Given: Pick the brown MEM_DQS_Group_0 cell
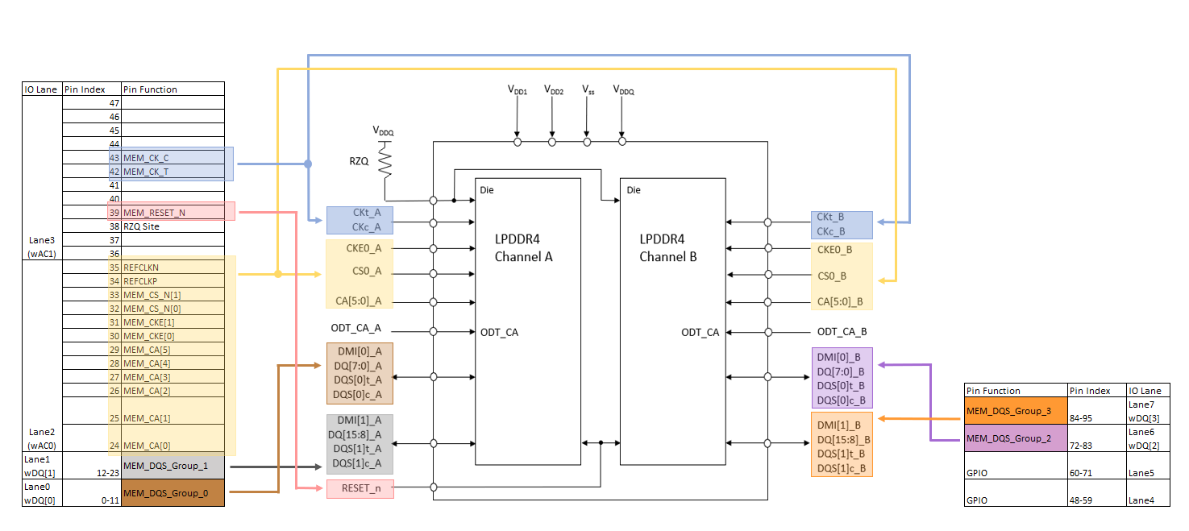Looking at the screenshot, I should pyautogui.click(x=173, y=492).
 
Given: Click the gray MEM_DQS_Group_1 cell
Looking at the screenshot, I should pyautogui.click(x=173, y=466).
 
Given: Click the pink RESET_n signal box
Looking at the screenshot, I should pyautogui.click(x=360, y=488).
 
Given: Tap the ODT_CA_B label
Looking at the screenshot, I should pyautogui.click(x=842, y=331).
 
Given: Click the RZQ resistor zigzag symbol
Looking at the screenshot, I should pyautogui.click(x=385, y=161).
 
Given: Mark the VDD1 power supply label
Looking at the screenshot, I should pyautogui.click(x=517, y=91).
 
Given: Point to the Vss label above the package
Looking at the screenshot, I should pyautogui.click(x=588, y=90).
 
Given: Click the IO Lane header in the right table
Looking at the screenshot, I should pyautogui.click(x=1145, y=391).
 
